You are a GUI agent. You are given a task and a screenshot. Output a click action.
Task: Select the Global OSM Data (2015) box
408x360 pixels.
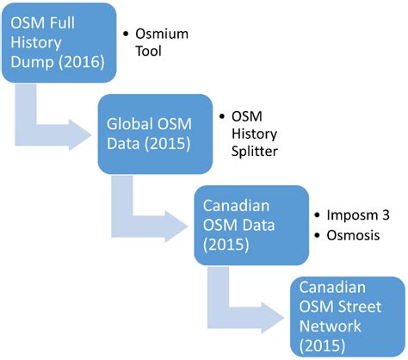pos(154,133)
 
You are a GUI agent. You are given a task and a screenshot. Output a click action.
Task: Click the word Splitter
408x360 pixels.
pos(257,152)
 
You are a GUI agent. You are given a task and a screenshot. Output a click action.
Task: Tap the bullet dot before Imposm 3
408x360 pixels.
pos(318,214)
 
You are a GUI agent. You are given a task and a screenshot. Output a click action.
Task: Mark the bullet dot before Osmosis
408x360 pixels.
pos(318,235)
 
